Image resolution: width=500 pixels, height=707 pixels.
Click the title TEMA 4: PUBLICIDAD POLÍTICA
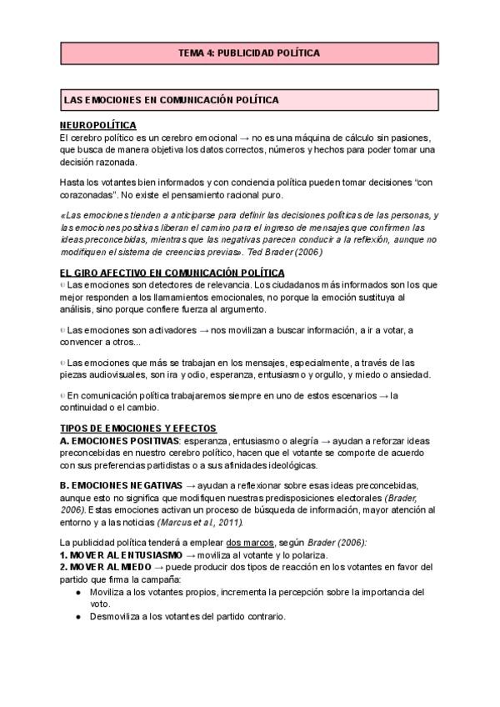(x=249, y=53)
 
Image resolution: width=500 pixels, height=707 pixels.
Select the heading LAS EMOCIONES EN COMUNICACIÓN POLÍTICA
(x=172, y=100)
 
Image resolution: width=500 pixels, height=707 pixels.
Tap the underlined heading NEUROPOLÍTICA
(x=98, y=125)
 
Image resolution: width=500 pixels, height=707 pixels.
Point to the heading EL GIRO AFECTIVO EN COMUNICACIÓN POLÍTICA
(x=172, y=273)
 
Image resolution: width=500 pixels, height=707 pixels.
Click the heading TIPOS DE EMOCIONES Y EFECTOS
(x=138, y=428)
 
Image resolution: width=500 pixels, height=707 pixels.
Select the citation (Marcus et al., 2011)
(x=200, y=522)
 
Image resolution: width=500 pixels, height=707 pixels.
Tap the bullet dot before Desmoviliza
(x=77, y=617)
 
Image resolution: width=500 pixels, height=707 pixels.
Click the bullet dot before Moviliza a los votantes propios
(x=77, y=591)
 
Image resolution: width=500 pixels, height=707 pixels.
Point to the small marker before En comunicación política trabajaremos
(x=62, y=395)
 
